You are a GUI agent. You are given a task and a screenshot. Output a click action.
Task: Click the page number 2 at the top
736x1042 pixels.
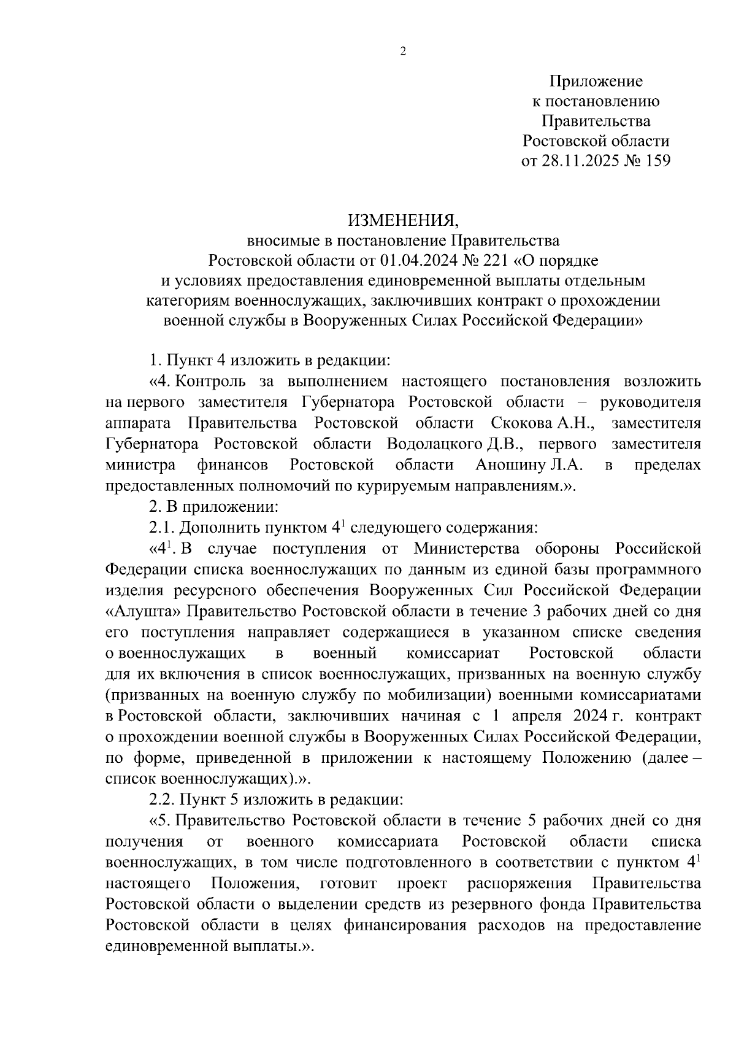tap(403, 52)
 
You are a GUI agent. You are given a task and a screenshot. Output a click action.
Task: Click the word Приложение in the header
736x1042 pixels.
tap(596, 81)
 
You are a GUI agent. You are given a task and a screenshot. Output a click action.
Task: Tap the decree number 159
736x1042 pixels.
tap(657, 161)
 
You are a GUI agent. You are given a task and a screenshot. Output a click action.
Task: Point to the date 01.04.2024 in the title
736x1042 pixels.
tap(419, 261)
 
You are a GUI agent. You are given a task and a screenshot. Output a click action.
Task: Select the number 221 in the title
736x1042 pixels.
tap(494, 261)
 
